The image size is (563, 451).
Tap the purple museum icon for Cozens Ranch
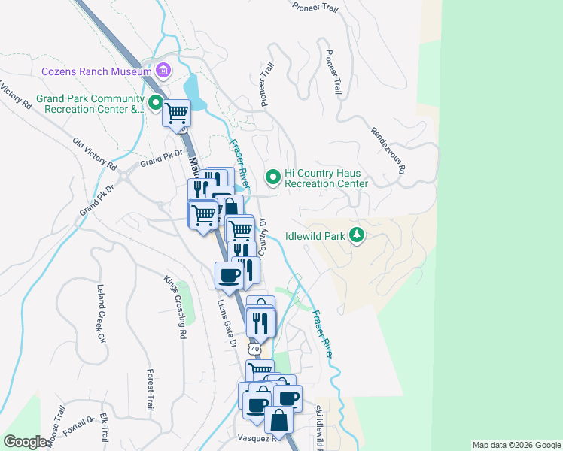[x=163, y=71]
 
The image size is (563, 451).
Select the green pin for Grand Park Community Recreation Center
[x=156, y=102]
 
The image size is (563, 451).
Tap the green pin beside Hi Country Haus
[x=273, y=177]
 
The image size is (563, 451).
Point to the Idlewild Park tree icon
[x=357, y=235]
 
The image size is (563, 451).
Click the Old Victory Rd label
[x=94, y=153]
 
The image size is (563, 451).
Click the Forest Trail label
[x=150, y=389]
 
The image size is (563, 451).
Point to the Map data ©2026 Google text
[x=516, y=445]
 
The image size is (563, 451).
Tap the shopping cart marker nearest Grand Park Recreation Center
[x=177, y=114]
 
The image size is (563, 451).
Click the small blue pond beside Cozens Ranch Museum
[x=194, y=90]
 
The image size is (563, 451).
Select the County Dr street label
[x=263, y=237]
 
